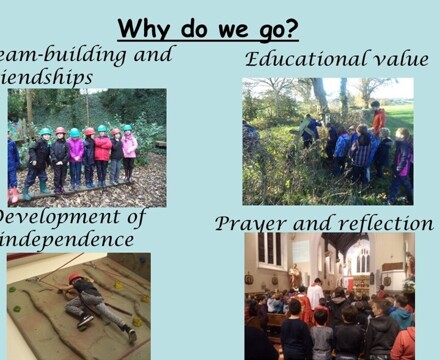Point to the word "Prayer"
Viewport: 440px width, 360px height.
tap(250, 222)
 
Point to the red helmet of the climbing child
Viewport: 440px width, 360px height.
tap(76, 277)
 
